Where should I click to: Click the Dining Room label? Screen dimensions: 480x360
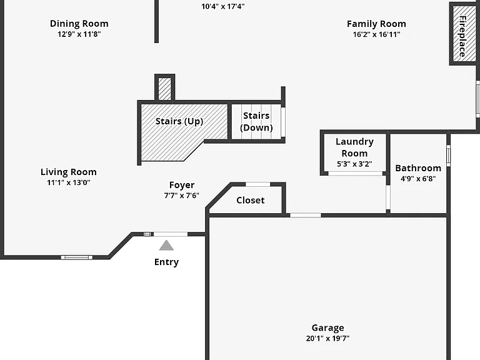tap(79, 24)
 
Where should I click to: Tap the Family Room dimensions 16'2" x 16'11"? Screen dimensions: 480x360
tap(376, 34)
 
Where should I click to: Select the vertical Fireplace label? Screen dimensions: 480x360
tap(462, 36)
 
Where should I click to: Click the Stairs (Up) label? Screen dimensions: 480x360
tap(179, 121)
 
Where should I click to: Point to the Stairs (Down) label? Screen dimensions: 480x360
tap(256, 121)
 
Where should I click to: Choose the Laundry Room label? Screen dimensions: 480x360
tap(354, 147)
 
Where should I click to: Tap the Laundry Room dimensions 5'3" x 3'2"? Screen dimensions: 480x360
tap(354, 164)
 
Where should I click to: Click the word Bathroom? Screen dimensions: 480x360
tap(418, 168)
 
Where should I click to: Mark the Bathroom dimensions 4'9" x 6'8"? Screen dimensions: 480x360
tap(418, 179)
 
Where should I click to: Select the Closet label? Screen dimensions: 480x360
tap(251, 200)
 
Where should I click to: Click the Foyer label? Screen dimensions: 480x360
tap(182, 185)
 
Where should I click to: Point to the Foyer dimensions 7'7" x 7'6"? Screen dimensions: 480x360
tap(182, 195)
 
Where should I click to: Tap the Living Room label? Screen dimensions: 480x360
tap(69, 172)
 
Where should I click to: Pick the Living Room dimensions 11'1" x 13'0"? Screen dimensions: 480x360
tap(69, 182)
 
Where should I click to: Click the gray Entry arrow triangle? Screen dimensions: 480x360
tap(166, 246)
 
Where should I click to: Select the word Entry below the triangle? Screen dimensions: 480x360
tap(166, 262)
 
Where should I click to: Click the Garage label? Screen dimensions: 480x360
tap(328, 328)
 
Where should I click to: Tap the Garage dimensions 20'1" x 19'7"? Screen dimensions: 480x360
tap(328, 338)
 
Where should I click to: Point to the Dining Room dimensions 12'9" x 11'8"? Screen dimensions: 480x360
tap(79, 34)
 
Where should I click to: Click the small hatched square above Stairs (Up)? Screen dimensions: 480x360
tap(165, 89)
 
